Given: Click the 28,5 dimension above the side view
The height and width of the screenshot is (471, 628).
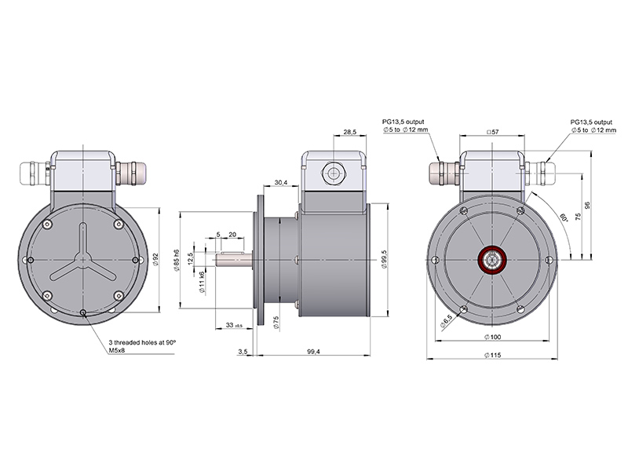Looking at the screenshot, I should [350, 132].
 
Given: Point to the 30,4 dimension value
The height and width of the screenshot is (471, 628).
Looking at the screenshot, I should [281, 183].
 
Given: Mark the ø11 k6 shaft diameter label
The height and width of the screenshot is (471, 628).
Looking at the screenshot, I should [203, 280].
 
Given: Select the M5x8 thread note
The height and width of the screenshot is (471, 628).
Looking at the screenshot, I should [119, 352].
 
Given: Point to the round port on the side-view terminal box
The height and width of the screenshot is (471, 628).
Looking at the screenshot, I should [333, 172].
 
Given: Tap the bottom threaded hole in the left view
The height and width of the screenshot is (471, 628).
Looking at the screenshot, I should [83, 313].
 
